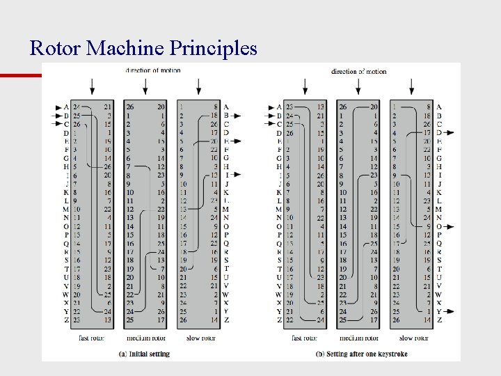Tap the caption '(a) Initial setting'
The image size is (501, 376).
tap(145, 354)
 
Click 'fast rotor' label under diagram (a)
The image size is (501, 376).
tap(92, 338)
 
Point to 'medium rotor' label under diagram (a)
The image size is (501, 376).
tap(145, 338)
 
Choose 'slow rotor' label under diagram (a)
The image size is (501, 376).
tap(200, 338)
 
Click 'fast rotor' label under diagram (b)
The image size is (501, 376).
tap(305, 338)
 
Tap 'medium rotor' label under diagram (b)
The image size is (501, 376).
tap(358, 338)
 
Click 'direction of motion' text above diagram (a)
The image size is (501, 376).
tap(153, 70)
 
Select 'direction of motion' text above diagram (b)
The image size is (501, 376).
tap(358, 71)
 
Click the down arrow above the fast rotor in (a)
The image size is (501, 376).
tap(92, 86)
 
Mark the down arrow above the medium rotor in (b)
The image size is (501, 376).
tap(358, 86)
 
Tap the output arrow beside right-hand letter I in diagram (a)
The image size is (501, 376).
tap(236, 174)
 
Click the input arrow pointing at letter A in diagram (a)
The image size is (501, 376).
tap(58, 107)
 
